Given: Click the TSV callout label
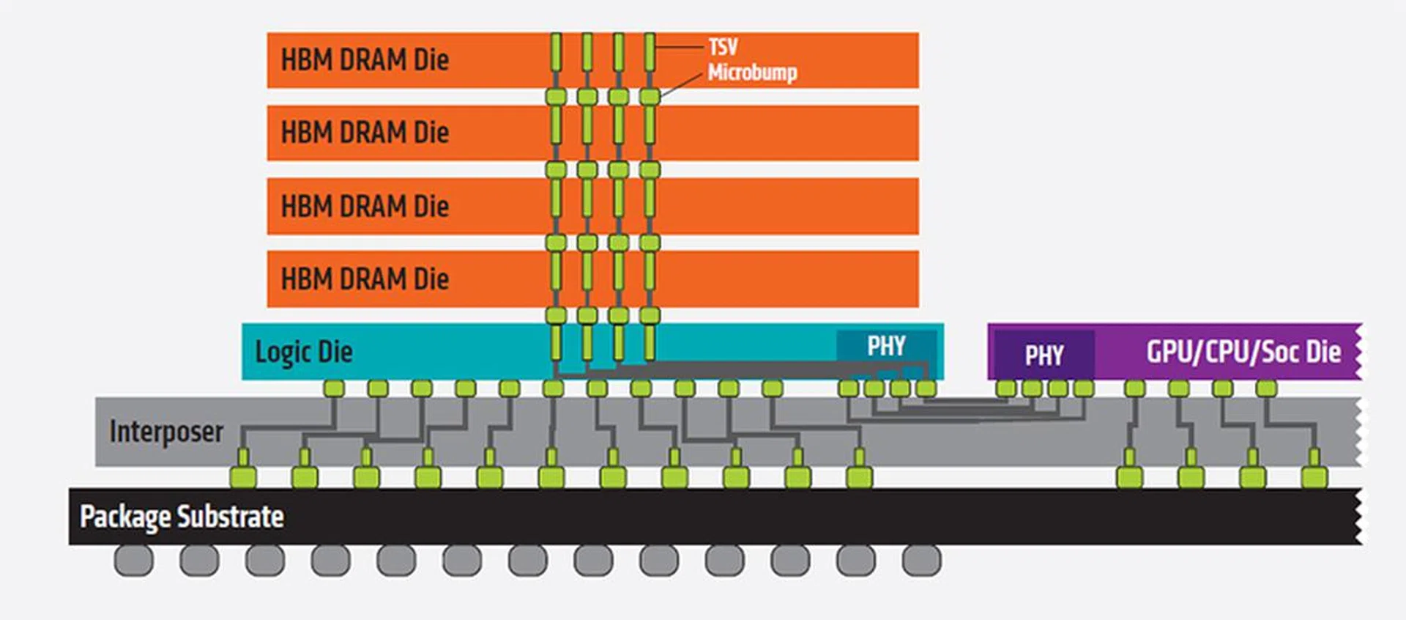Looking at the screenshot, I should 723,47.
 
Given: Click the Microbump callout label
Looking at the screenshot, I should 752,73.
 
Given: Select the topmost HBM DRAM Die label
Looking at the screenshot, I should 365,60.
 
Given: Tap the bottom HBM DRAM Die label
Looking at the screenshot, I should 365,279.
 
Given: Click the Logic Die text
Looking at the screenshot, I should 303,352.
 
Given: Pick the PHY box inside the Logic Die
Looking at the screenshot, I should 886,346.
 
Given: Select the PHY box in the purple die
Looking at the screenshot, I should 1044,355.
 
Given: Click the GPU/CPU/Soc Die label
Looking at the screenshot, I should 1243,352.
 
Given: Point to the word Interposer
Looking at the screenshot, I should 166,432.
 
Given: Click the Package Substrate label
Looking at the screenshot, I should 182,517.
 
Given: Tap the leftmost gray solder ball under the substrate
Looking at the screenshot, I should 134,561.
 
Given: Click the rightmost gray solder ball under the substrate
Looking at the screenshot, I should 921,561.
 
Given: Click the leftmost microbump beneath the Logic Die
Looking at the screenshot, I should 334,388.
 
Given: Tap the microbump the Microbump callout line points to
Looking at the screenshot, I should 650,96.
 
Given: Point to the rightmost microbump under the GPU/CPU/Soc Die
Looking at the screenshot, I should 1266,388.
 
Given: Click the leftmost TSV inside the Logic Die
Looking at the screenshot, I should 556,342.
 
